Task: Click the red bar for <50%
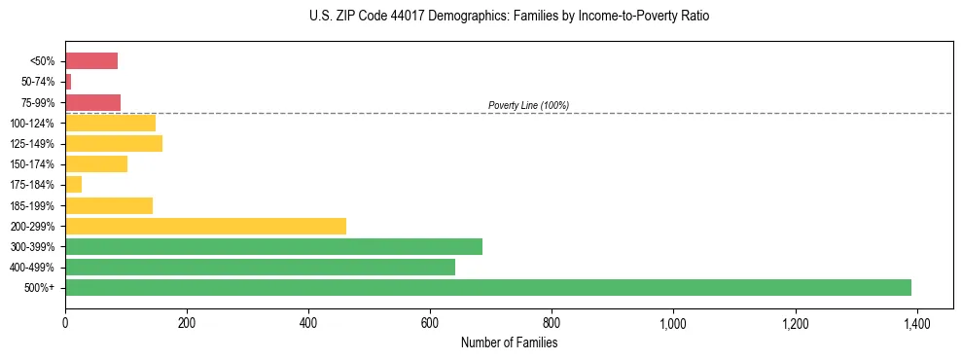(91, 61)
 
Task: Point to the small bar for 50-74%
(68, 82)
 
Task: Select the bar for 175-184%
(73, 185)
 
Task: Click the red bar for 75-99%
(92, 102)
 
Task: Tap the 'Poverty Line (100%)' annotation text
(528, 105)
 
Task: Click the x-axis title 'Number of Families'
(509, 342)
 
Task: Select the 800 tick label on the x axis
(552, 323)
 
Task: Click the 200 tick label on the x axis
(187, 323)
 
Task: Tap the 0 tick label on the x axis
(65, 323)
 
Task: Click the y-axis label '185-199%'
(32, 205)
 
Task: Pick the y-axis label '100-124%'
(32, 124)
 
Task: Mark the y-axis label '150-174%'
(32, 164)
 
